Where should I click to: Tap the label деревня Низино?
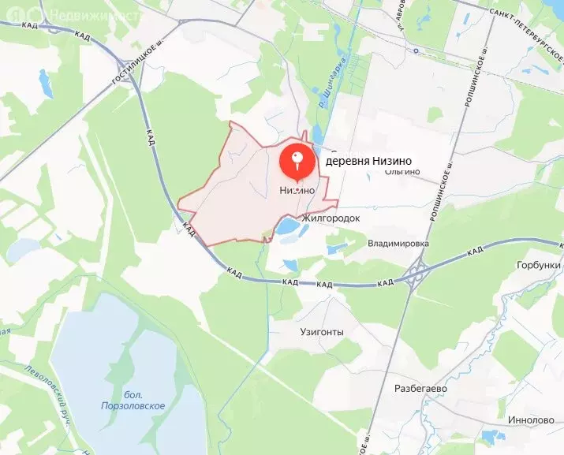[368, 162]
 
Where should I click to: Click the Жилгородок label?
[330, 217]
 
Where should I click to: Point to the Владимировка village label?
[398, 244]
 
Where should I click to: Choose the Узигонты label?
[322, 332]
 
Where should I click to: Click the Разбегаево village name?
[420, 389]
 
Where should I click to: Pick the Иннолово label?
[532, 420]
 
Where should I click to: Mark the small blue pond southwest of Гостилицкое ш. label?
[46, 84]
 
